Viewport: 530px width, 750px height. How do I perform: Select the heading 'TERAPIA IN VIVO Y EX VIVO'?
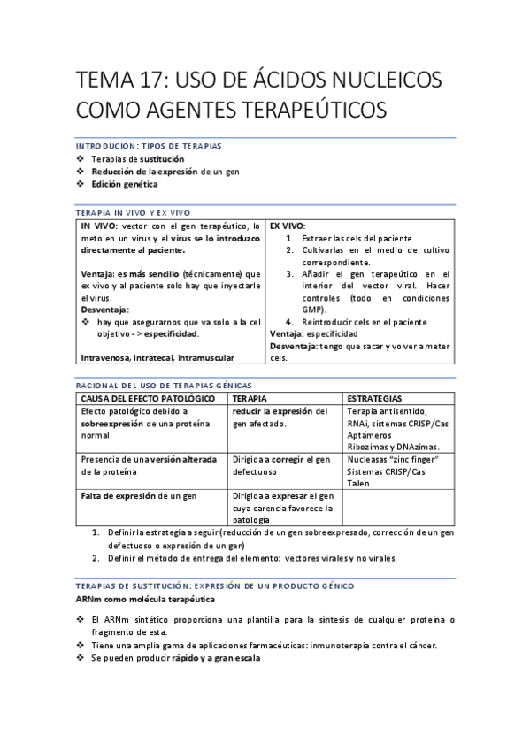click(x=133, y=212)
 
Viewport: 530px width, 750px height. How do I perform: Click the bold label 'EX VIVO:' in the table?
click(x=288, y=226)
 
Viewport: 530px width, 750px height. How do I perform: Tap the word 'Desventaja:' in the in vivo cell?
click(x=104, y=310)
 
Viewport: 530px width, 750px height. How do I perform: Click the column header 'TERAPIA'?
click(x=250, y=399)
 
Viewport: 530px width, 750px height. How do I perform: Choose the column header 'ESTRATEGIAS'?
click(x=374, y=399)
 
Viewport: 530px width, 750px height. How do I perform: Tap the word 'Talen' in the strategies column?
click(x=358, y=484)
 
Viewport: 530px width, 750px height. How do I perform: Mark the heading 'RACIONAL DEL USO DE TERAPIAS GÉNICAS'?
click(x=164, y=386)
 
